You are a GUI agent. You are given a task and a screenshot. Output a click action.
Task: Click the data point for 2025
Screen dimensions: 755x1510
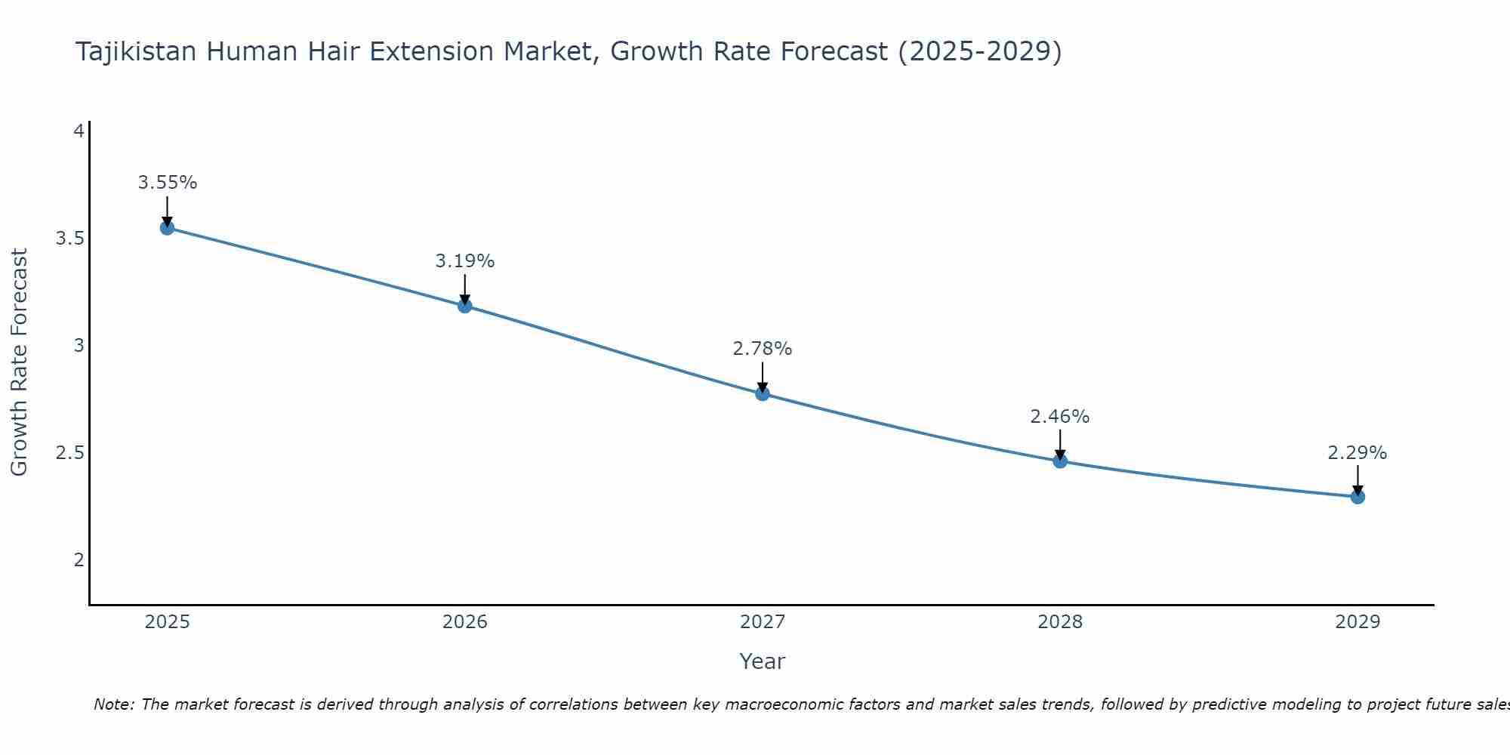(167, 227)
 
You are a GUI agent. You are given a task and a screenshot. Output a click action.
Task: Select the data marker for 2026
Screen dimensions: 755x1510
(464, 306)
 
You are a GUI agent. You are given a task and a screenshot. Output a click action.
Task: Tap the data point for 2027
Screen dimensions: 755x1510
(762, 393)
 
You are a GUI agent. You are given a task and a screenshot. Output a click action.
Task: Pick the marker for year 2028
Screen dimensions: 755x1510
(1060, 461)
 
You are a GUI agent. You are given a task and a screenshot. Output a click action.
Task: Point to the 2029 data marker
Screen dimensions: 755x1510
(1357, 496)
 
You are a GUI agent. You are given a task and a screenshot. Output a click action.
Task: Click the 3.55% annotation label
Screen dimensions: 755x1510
(167, 183)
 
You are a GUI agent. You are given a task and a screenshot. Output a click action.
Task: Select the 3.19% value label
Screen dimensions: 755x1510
(464, 261)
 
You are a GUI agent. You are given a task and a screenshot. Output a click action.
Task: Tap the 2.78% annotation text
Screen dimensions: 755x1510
(762, 349)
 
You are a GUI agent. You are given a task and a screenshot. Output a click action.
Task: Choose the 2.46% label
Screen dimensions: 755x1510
(1059, 417)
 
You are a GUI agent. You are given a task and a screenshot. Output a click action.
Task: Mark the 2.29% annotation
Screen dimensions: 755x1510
(1357, 453)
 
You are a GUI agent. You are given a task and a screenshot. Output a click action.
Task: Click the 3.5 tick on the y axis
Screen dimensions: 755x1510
(69, 239)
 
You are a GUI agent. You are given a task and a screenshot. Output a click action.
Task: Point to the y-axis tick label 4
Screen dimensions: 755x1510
(78, 131)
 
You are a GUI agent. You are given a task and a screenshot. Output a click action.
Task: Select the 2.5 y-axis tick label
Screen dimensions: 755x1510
(69, 453)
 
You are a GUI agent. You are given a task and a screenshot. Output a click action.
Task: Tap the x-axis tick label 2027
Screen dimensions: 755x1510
(762, 622)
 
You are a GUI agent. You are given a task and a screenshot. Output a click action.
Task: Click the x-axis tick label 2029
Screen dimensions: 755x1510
(1357, 622)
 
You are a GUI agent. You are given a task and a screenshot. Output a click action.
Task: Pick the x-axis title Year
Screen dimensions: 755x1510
(762, 661)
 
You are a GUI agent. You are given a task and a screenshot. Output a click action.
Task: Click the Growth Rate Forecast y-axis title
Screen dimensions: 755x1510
(19, 362)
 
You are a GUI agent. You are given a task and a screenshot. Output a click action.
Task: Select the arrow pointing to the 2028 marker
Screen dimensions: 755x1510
(1060, 443)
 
